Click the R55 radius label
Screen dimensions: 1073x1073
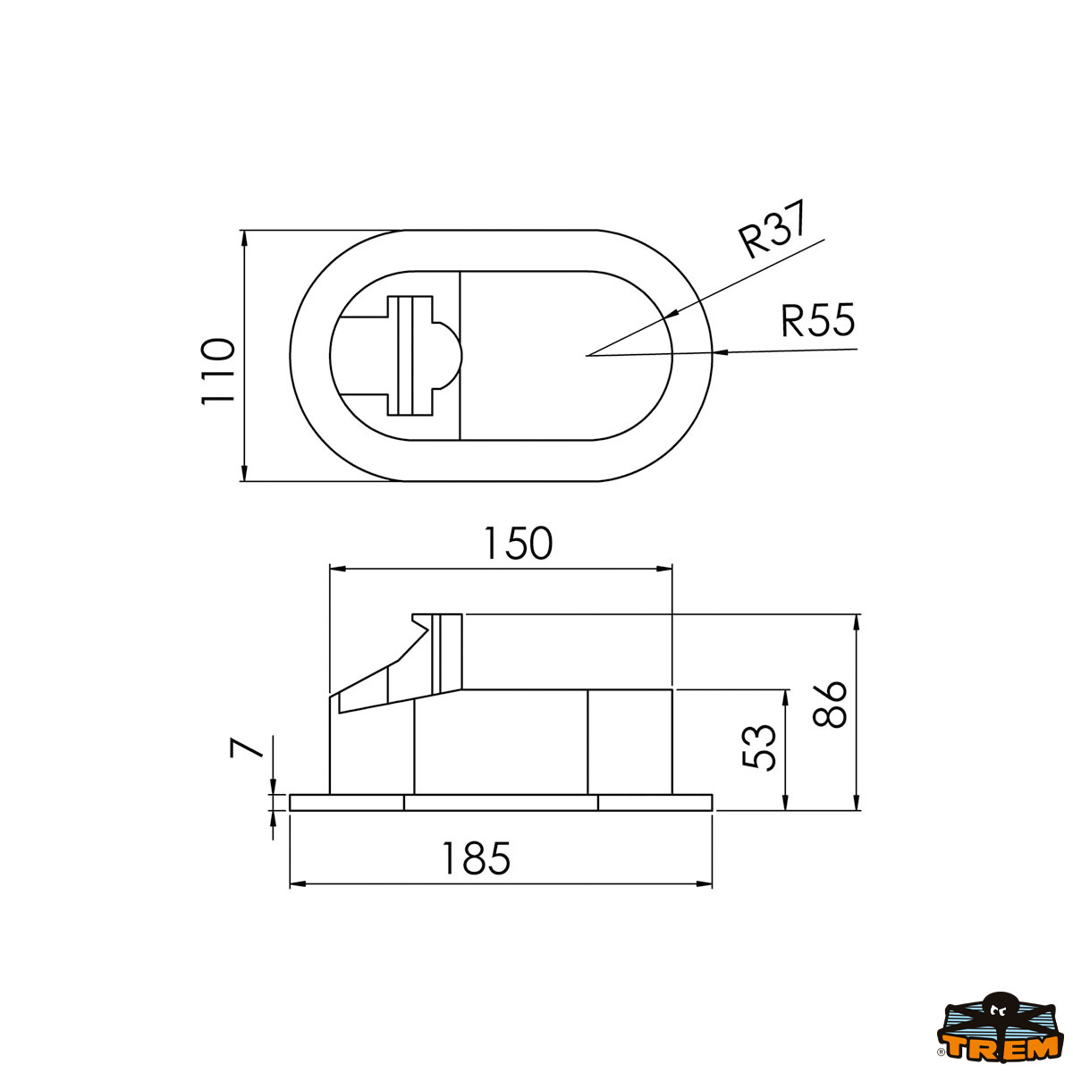(x=817, y=320)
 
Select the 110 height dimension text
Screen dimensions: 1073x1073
(x=217, y=371)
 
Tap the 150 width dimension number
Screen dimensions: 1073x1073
(x=518, y=543)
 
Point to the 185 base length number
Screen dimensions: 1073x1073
(x=476, y=858)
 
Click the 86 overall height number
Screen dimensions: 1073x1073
(x=832, y=705)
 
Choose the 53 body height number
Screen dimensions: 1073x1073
(x=759, y=747)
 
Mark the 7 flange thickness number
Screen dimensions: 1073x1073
(x=248, y=747)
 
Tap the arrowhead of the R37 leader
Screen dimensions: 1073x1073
(x=671, y=314)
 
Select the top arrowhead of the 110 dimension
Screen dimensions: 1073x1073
(x=243, y=238)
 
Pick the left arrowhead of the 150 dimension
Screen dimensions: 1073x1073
(x=338, y=568)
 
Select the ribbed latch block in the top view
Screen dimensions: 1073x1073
(x=410, y=356)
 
